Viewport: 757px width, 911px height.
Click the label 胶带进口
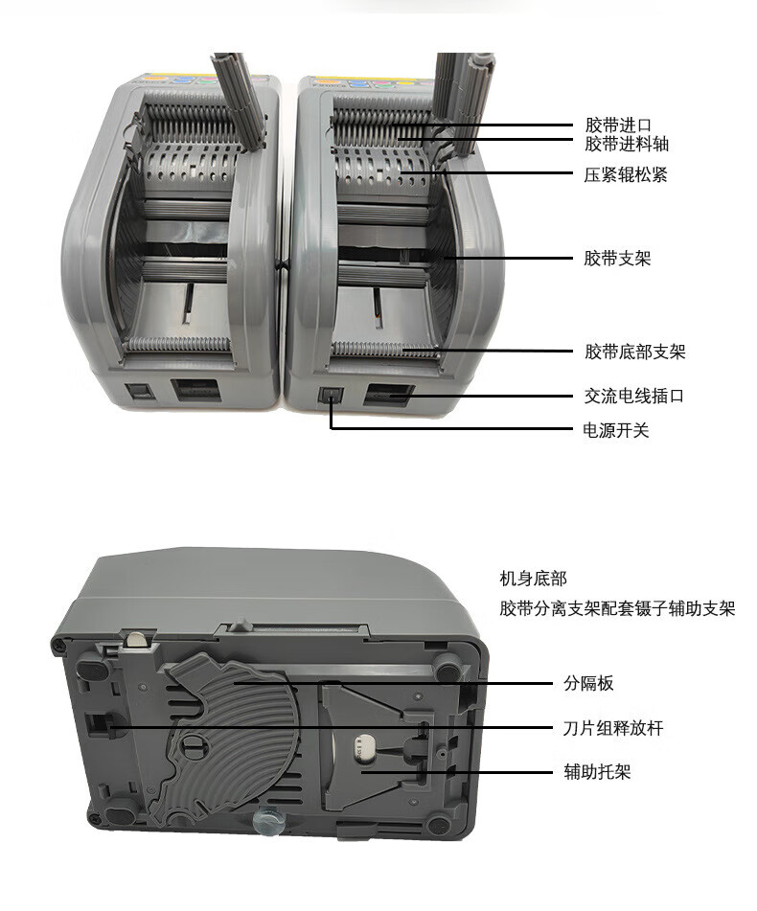618,125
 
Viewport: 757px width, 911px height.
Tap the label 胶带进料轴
627,144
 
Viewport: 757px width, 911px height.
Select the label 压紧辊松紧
626,174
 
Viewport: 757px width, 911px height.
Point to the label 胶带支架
617,258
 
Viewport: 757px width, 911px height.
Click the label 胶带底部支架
635,352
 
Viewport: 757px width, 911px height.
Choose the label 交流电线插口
633,396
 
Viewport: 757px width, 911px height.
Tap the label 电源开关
616,430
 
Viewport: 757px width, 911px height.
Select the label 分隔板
588,683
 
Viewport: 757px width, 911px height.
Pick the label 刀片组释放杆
613,728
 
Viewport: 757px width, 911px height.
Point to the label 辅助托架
597,771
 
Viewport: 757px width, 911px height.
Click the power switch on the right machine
331,397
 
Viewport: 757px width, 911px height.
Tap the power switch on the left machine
142,391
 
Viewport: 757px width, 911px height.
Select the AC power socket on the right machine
388,395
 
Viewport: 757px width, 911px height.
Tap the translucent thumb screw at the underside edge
268,822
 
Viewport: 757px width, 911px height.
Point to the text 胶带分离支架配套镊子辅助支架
617,608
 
